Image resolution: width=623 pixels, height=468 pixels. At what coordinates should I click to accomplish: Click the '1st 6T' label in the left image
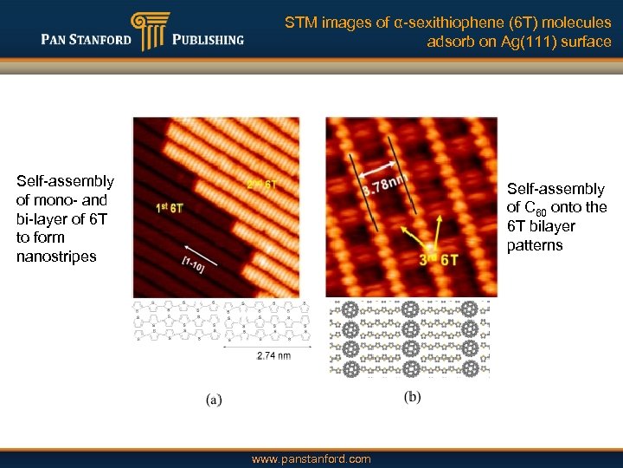(170, 208)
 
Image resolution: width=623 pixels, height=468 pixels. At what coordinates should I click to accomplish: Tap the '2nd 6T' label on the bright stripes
(261, 184)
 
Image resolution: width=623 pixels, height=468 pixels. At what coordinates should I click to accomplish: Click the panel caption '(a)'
(215, 400)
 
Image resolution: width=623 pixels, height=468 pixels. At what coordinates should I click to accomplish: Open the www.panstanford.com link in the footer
(311, 458)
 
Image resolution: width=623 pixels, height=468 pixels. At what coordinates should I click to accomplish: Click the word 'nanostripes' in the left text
(56, 256)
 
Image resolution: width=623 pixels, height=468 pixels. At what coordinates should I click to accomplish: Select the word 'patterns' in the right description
(535, 245)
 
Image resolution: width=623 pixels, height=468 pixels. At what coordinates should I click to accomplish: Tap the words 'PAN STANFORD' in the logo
(86, 39)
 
